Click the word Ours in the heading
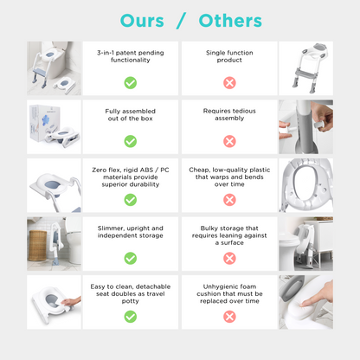142,21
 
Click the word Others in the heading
230,21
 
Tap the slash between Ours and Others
181,21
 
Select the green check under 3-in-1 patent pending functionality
131,83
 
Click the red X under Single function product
229,83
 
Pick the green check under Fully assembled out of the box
131,141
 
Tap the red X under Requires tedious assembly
229,141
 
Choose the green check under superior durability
131,200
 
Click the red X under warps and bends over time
229,200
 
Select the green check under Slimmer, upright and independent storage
131,259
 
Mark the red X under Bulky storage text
229,259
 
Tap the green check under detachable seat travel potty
131,317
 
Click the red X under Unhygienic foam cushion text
229,317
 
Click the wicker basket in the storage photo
37,246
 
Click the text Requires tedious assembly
229,114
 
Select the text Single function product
229,56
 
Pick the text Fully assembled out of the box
131,115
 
